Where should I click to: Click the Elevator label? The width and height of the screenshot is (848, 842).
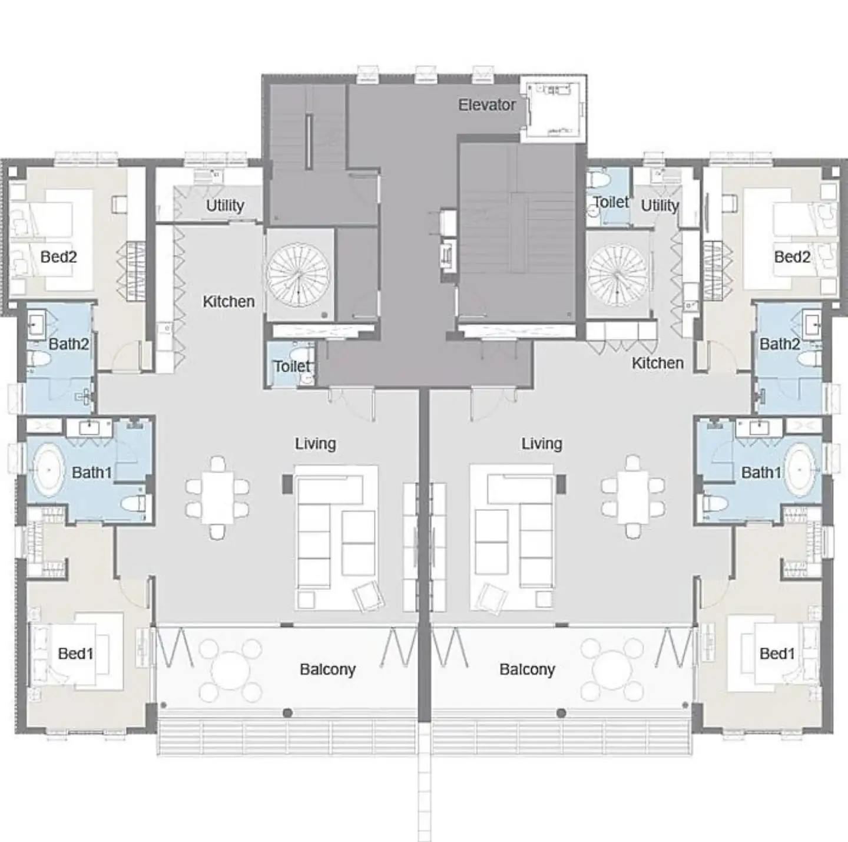point(486,105)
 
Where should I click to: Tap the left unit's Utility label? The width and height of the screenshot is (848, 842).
point(226,206)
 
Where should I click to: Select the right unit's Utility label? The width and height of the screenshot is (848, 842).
point(660,206)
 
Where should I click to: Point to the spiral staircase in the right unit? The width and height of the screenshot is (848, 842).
point(618,275)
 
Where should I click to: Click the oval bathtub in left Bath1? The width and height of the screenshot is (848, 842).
point(49,470)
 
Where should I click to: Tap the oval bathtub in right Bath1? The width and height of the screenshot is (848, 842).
point(804,470)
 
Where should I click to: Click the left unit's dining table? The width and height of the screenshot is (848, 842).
point(218,498)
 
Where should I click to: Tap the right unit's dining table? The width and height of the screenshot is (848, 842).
point(633,498)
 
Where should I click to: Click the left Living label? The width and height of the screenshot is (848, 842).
point(316,444)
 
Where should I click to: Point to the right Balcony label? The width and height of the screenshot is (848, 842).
point(527,669)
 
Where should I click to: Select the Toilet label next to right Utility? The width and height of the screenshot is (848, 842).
point(611,202)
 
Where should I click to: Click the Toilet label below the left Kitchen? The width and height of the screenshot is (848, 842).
point(292,366)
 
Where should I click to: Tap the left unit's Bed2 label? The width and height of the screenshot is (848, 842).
point(58,257)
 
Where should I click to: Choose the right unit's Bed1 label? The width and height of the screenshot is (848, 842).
point(777,653)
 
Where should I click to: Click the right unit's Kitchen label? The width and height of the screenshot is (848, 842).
point(657,364)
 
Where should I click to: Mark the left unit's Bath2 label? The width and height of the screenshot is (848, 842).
point(69,344)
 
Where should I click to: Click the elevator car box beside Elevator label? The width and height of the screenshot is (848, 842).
point(554,109)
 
